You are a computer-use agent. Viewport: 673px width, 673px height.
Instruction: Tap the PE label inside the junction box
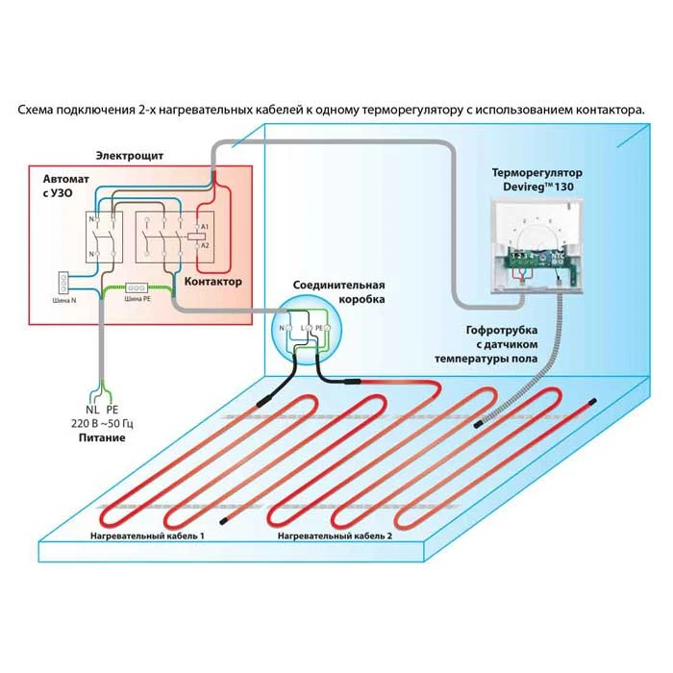pyautogui.click(x=320, y=328)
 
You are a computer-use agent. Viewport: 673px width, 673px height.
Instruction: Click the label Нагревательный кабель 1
pyautogui.click(x=147, y=535)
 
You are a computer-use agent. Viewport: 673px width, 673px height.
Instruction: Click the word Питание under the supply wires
pyautogui.click(x=102, y=437)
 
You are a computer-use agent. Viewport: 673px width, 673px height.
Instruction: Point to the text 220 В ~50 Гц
pyautogui.click(x=102, y=423)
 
